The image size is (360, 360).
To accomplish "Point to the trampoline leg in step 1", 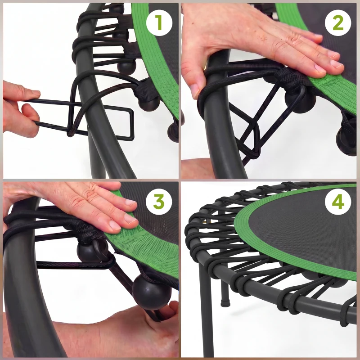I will (x=97, y=157).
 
